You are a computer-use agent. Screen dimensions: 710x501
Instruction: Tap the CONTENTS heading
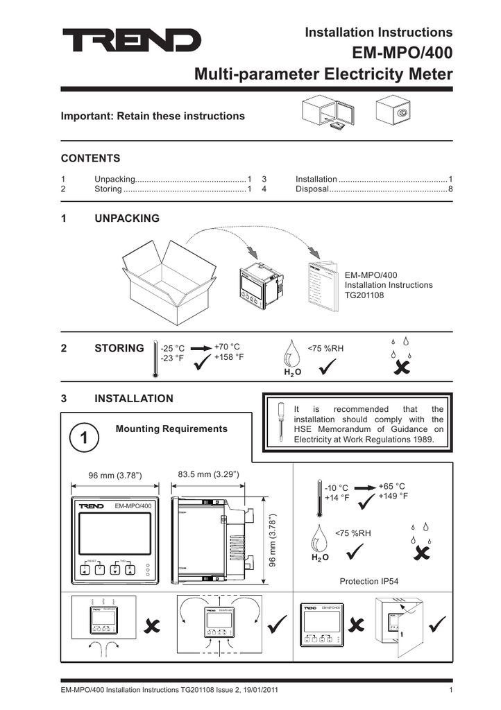click(x=90, y=158)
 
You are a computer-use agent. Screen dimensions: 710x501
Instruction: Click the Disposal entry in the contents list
click(x=312, y=189)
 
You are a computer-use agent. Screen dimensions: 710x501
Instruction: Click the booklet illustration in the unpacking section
click(x=321, y=284)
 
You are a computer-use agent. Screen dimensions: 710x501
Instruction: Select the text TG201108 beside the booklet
click(x=364, y=295)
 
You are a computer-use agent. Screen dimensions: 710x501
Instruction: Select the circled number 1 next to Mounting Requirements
click(x=83, y=438)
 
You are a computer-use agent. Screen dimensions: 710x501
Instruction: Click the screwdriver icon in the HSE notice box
click(x=281, y=423)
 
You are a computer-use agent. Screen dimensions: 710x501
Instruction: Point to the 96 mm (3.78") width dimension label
click(x=114, y=476)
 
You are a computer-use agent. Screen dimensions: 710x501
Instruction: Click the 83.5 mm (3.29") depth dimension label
click(x=208, y=474)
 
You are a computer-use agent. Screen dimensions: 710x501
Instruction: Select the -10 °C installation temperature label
click(x=337, y=488)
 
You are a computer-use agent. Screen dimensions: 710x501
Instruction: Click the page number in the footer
click(x=451, y=691)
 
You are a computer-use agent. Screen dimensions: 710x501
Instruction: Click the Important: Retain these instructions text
click(x=153, y=116)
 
